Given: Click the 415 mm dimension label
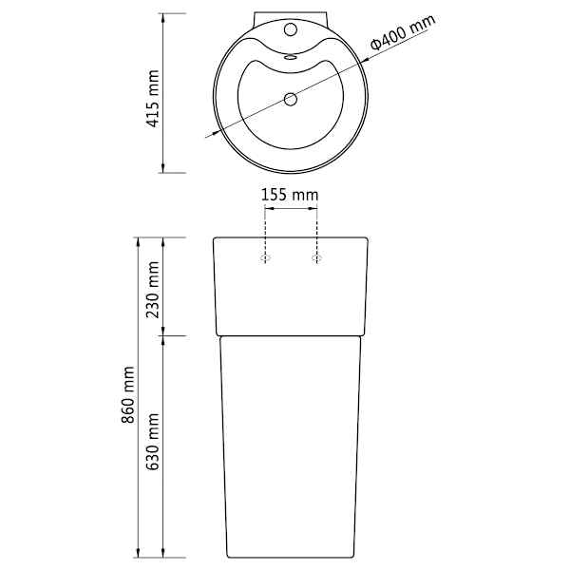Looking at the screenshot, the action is pyautogui.click(x=153, y=99).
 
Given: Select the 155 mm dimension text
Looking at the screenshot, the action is pyautogui.click(x=290, y=195).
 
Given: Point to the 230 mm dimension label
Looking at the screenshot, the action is pyautogui.click(x=153, y=290).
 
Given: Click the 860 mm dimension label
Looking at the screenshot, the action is pyautogui.click(x=128, y=395).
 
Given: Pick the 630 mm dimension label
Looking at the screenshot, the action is pyautogui.click(x=153, y=442).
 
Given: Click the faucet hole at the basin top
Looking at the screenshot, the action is pyautogui.click(x=291, y=29).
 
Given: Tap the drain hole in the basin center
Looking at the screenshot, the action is pyautogui.click(x=291, y=99).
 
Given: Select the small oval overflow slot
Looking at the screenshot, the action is pyautogui.click(x=291, y=57).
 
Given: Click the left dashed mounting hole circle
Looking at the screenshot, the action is pyautogui.click(x=265, y=258).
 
